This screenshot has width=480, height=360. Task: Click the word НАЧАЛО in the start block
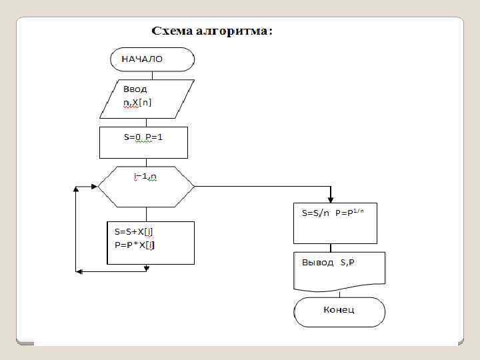(x=141, y=59)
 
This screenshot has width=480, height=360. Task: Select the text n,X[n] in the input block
(x=137, y=102)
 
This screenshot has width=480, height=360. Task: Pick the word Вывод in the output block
(x=318, y=263)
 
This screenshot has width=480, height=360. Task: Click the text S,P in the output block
(x=348, y=263)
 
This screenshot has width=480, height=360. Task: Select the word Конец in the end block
(x=339, y=310)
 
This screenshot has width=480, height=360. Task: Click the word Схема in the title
(x=174, y=31)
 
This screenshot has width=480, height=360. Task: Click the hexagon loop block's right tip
(x=193, y=185)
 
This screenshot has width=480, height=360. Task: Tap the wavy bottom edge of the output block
(x=339, y=290)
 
